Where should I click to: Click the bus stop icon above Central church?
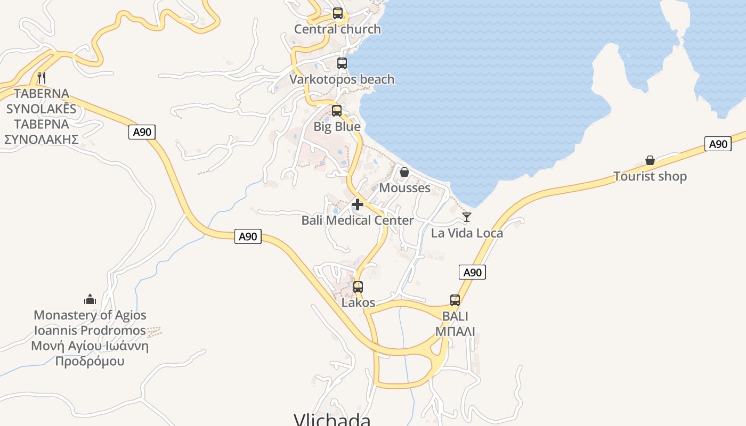[338, 13]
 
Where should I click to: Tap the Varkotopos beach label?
[342, 79]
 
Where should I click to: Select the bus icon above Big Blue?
[337, 111]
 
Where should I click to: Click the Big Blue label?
[337, 127]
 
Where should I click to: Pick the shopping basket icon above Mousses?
[404, 172]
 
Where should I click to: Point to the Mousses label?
[404, 188]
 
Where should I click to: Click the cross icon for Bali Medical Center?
[358, 204]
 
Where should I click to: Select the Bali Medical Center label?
[358, 220]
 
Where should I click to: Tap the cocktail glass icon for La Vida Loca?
[467, 217]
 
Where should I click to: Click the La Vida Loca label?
[467, 233]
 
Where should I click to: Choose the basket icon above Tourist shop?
[650, 160]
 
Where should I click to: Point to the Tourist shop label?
[650, 176]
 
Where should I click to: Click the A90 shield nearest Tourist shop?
[718, 144]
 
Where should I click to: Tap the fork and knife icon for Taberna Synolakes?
[42, 78]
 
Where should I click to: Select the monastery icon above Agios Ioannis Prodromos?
[90, 299]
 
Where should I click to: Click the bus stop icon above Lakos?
[358, 287]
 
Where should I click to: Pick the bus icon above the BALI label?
[455, 300]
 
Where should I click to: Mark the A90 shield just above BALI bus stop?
[472, 273]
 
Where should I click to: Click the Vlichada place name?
[332, 420]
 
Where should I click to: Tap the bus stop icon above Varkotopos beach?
[342, 63]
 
